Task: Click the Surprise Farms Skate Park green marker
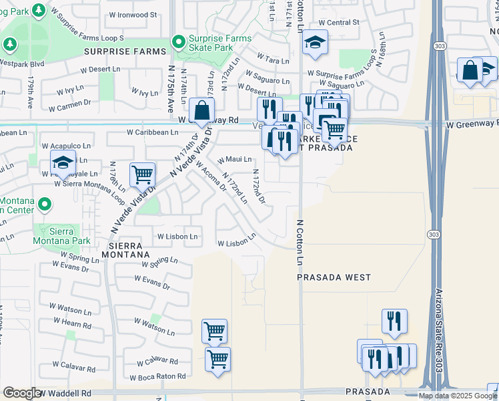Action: coord(178,42)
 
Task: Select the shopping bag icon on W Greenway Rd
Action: coord(201,111)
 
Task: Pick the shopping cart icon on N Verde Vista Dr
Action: coord(142,176)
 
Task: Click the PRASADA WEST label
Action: coord(334,277)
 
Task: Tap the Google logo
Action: coord(22,393)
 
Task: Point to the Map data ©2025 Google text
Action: coord(458,396)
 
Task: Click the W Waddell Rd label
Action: coord(65,394)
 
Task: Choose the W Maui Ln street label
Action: coord(235,159)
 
